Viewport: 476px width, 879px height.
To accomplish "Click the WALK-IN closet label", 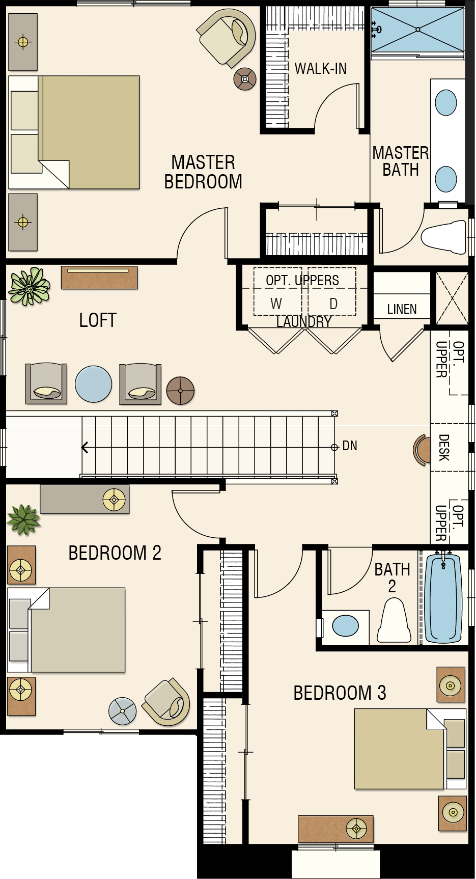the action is coord(320,68).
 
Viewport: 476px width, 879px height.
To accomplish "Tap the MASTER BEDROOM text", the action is coord(203,172).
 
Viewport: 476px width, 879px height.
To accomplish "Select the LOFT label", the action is coord(98,320).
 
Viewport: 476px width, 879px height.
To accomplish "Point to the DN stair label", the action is coord(350,446).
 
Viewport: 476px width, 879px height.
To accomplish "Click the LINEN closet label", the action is coord(402,309).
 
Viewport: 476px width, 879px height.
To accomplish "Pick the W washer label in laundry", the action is coord(276,304).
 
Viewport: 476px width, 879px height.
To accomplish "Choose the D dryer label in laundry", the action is coord(333,304).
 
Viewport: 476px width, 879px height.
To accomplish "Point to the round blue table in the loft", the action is coord(94,384).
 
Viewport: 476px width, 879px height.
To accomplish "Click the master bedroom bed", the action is coord(74,132).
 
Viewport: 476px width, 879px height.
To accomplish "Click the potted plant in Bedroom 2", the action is coord(23,519).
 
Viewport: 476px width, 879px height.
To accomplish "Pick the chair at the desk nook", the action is coord(420,450).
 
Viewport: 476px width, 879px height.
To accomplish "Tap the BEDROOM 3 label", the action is coord(340,693).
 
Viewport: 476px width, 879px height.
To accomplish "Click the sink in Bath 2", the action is coord(345,626).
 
